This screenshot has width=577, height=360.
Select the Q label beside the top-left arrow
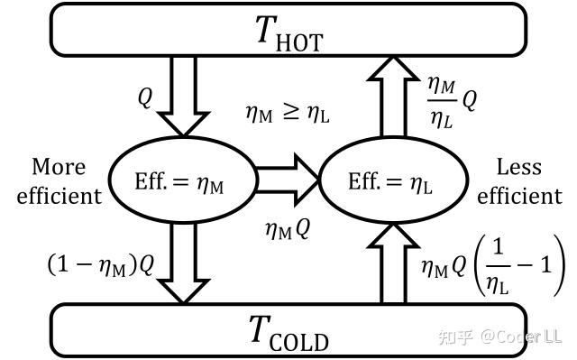point(145,98)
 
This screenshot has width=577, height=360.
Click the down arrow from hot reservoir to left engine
point(183,96)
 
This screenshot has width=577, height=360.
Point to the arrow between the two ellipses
point(287,180)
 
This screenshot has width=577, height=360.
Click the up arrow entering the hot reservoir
point(393,97)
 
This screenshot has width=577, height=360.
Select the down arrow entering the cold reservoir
point(183,263)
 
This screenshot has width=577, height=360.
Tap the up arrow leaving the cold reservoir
point(393,263)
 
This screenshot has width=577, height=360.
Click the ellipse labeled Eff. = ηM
point(182,180)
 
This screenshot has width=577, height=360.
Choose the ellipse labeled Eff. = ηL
point(394,180)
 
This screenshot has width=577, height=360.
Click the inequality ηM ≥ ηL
point(288,113)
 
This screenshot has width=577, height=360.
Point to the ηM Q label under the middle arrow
point(288,229)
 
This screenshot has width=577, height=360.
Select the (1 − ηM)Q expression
point(101,265)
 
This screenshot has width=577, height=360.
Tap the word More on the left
point(59,167)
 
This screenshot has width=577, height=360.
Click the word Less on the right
point(519,167)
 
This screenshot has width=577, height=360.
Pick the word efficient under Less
point(519,196)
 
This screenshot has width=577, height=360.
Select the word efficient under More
point(60,196)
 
